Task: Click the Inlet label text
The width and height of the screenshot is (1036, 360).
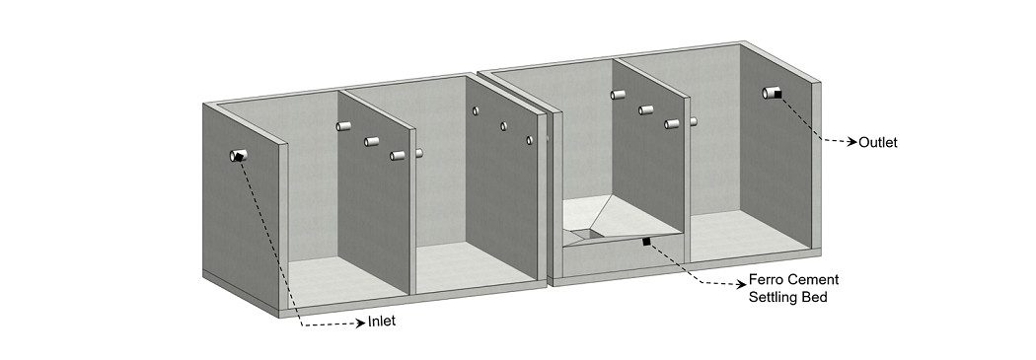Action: [382, 322]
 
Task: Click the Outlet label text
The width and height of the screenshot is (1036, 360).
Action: [877, 143]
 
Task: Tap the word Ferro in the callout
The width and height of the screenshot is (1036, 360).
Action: [765, 279]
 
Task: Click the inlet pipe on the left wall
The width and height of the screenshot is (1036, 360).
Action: [238, 156]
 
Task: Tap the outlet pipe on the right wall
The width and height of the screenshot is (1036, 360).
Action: [771, 93]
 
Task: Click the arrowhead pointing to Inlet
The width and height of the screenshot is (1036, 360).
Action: [361, 323]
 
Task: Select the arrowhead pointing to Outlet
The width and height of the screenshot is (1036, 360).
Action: [852, 141]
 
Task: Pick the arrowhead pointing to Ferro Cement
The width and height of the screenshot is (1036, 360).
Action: [743, 285]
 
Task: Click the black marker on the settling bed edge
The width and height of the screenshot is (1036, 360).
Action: [646, 242]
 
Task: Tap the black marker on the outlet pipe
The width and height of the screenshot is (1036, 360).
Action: [778, 95]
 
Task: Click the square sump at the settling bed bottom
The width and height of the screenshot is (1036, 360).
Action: [585, 233]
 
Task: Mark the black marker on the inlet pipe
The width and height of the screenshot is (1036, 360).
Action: [239, 157]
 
